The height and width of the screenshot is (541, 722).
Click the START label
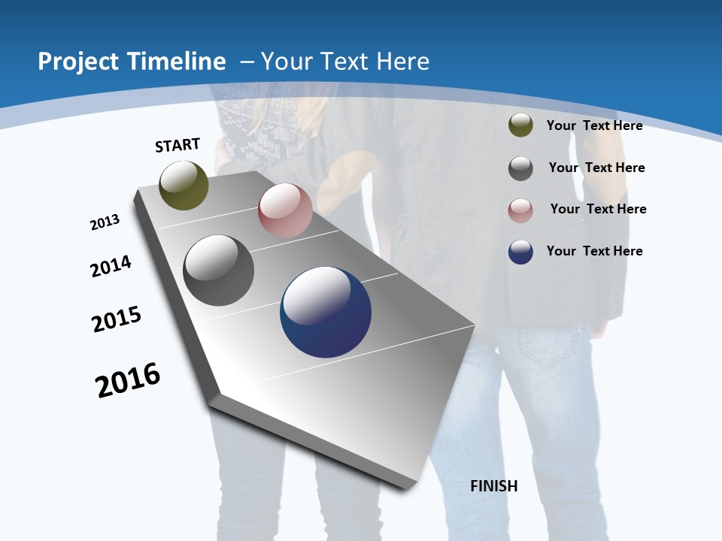[x=177, y=145]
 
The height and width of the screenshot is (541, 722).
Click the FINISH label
[x=494, y=486]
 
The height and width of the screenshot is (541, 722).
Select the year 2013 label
[x=105, y=222]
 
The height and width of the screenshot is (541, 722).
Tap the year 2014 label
[x=111, y=266]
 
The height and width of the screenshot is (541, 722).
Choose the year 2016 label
[x=128, y=380]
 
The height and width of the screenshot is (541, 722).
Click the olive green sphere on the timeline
[x=184, y=186]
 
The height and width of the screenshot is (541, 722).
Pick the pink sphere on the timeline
[x=285, y=210]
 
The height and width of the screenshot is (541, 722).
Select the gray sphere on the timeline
[x=219, y=270]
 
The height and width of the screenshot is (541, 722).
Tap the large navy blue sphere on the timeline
[x=326, y=312]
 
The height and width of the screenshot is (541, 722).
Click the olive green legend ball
[x=520, y=125]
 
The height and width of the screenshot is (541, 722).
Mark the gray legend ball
[x=520, y=168]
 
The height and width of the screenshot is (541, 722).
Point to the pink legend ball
[x=520, y=210]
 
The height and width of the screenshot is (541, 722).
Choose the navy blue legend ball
[x=520, y=252]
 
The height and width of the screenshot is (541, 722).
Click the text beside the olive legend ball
[x=594, y=125]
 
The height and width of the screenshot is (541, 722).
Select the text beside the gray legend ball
[x=596, y=168]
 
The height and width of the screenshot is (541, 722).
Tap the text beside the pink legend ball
[x=598, y=209]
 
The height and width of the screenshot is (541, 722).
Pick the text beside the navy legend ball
[x=594, y=251]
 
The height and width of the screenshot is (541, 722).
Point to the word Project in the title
[x=75, y=62]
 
